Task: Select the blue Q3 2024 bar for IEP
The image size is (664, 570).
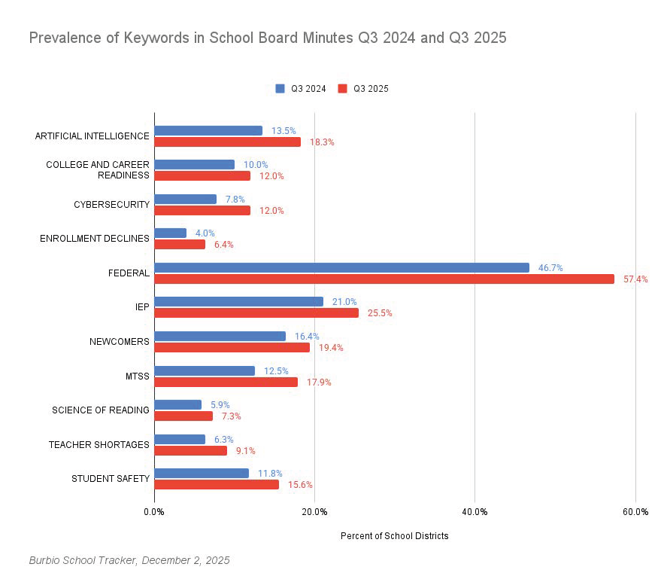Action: pyautogui.click(x=238, y=301)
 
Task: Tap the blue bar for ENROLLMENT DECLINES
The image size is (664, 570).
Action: pyautogui.click(x=170, y=233)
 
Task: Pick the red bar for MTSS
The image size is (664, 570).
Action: pyautogui.click(x=226, y=382)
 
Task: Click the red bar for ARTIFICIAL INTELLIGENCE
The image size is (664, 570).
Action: pyautogui.click(x=227, y=142)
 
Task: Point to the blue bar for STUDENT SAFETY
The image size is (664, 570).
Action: pyautogui.click(x=202, y=473)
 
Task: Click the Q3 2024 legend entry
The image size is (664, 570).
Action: pyautogui.click(x=301, y=88)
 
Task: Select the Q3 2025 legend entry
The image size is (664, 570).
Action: pyautogui.click(x=363, y=88)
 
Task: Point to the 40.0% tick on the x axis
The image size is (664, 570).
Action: pyautogui.click(x=475, y=512)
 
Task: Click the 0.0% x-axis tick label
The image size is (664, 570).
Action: pyautogui.click(x=154, y=512)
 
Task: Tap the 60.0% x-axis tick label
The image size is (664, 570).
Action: pyautogui.click(x=635, y=512)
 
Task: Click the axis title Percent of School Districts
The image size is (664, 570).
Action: pyautogui.click(x=394, y=536)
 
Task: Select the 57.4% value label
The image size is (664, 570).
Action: pyautogui.click(x=635, y=279)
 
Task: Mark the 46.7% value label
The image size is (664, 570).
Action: pyautogui.click(x=550, y=267)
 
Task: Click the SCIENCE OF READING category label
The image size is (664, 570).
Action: pyautogui.click(x=100, y=410)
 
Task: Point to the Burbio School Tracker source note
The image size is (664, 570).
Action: pyautogui.click(x=129, y=560)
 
